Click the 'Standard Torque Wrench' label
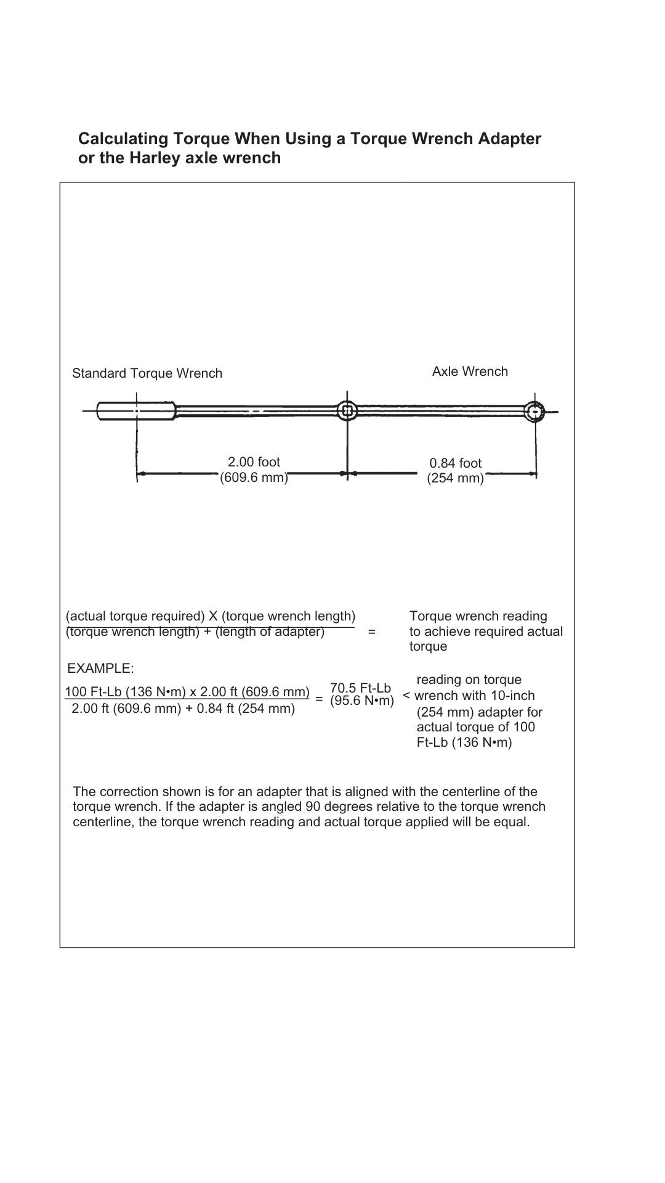[147, 373]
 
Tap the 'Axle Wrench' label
[470, 372]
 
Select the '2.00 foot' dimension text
[254, 462]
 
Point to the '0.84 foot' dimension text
[456, 463]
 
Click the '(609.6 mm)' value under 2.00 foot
[254, 478]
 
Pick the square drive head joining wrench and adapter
[347, 410]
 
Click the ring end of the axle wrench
[535, 410]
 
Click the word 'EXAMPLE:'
[100, 669]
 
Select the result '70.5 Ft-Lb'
[361, 688]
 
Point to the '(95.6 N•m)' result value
[362, 701]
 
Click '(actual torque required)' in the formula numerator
[135, 616]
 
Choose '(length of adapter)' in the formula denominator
[270, 632]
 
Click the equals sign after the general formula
[371, 632]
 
